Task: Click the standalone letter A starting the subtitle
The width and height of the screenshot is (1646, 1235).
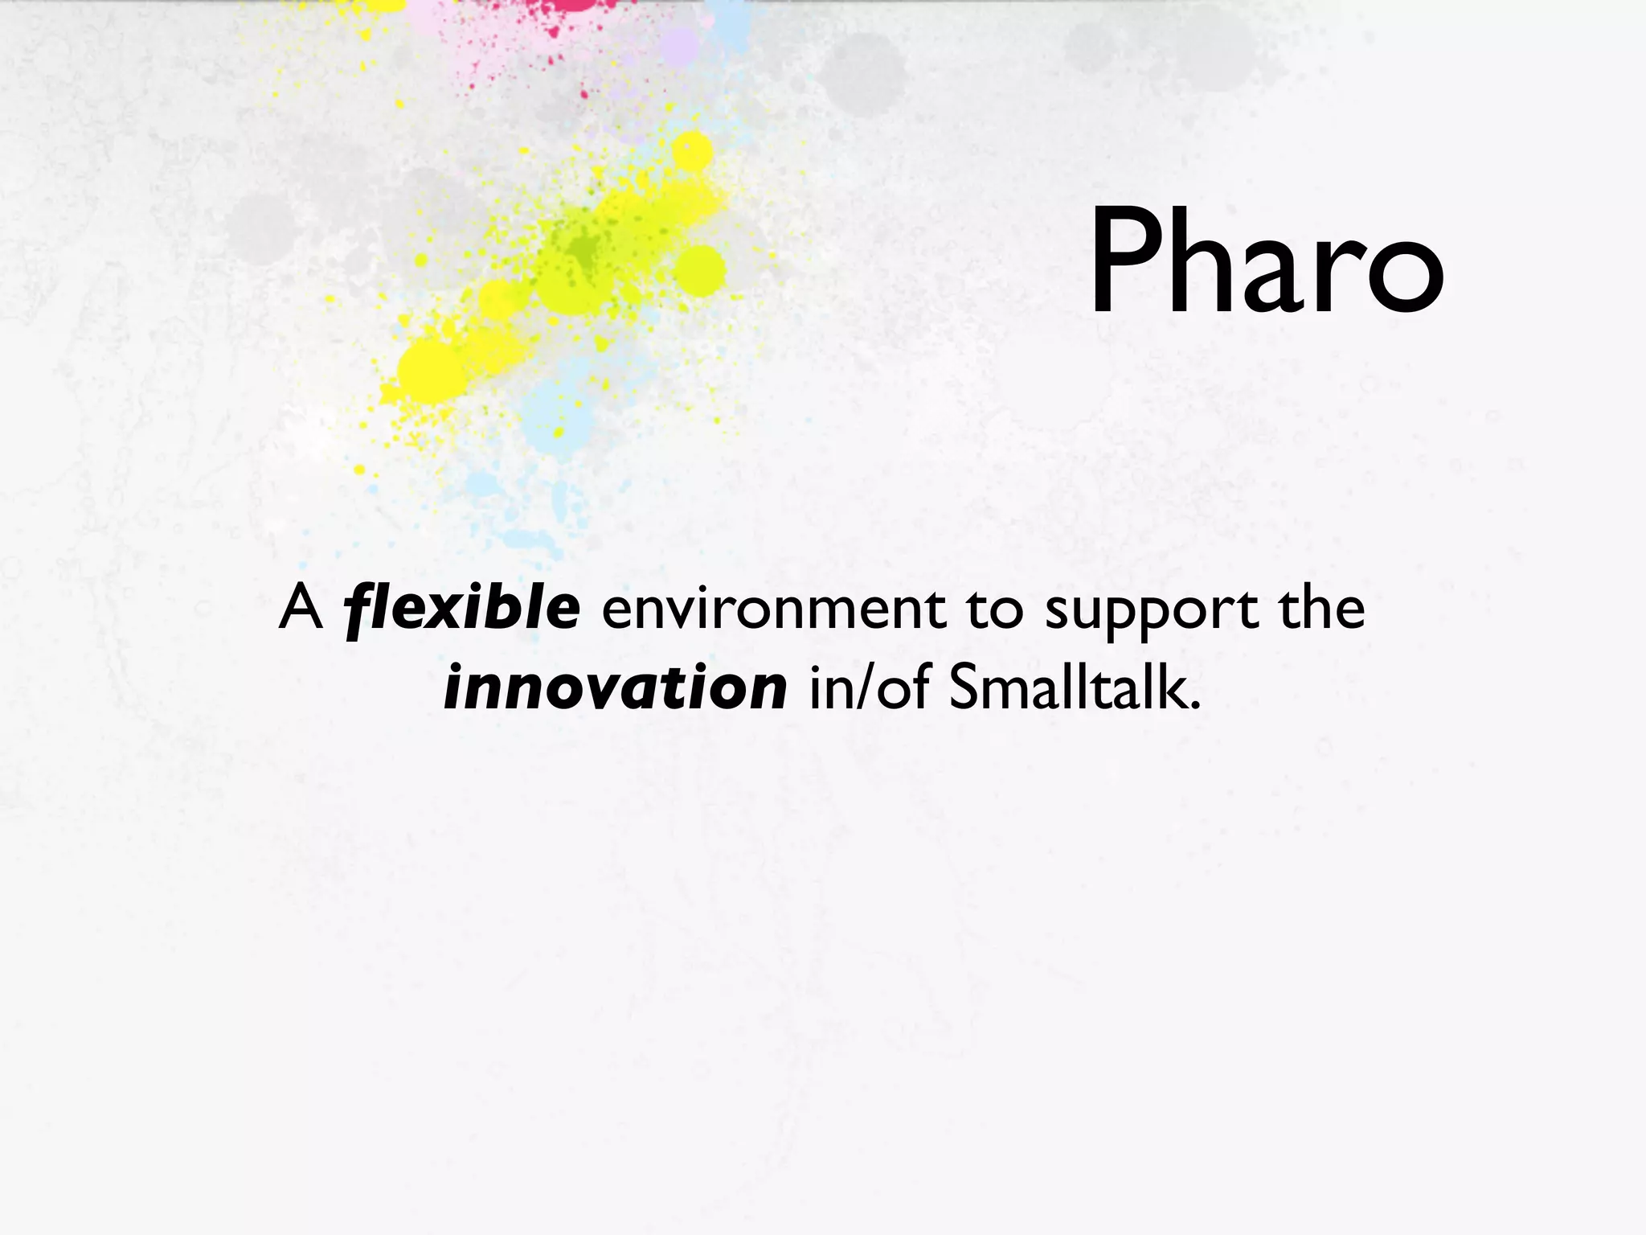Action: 301,609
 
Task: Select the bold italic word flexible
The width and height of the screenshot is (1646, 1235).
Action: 461,609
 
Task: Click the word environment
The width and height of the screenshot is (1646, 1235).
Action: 773,609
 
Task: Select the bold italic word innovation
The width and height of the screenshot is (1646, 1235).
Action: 615,688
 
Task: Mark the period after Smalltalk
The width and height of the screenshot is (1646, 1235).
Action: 1194,707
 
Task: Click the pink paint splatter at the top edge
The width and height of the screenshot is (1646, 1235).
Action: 572,6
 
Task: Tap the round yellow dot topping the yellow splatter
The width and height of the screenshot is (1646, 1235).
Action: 691,151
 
